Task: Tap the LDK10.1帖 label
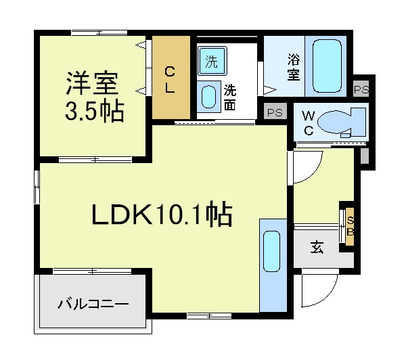[162, 214]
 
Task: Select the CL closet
[171, 77]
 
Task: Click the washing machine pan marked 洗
[212, 61]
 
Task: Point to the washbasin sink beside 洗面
[208, 97]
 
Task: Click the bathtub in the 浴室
[327, 66]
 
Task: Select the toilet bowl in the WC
[341, 122]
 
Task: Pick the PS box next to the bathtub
[361, 89]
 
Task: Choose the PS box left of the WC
[275, 112]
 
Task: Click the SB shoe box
[350, 226]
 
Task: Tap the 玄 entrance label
[317, 248]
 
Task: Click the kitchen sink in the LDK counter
[271, 252]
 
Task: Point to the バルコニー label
[93, 304]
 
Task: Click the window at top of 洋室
[99, 33]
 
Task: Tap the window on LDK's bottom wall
[209, 316]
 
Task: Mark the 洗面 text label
[229, 97]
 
